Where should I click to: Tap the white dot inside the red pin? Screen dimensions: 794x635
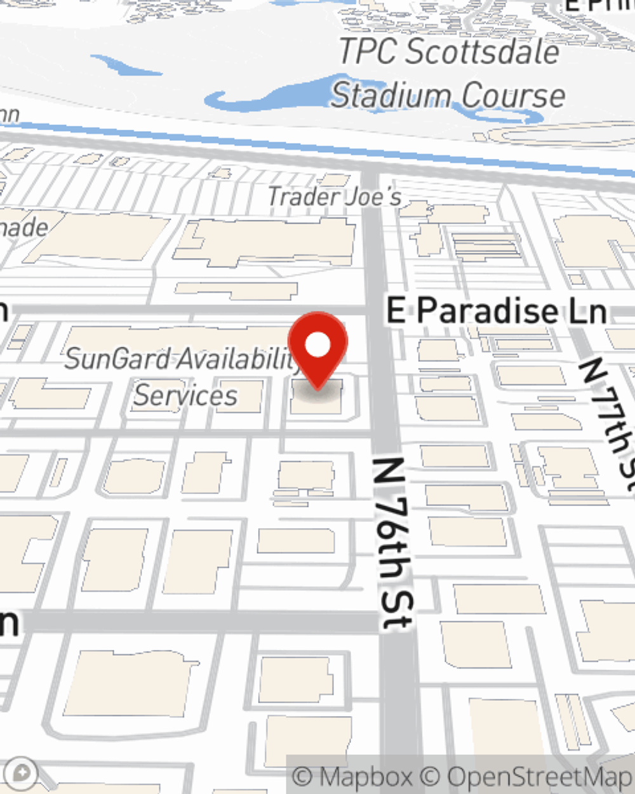pos(318,345)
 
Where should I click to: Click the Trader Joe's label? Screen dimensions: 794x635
pos(334,196)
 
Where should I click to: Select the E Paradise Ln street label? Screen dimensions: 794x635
pos(497,311)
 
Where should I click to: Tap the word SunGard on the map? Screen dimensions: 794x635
pos(117,359)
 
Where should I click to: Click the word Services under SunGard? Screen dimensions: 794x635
pos(185,396)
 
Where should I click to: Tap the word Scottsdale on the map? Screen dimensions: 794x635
pos(483,51)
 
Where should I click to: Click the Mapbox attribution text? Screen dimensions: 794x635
pos(364,776)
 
